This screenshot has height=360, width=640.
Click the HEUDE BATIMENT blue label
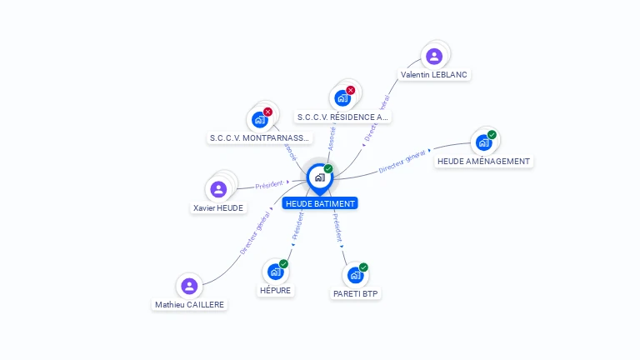(x=320, y=203)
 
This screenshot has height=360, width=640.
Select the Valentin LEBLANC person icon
(x=433, y=57)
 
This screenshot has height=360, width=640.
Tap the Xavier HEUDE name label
(x=219, y=208)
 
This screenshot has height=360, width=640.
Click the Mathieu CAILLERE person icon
(x=190, y=287)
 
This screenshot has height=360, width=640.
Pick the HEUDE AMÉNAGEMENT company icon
(x=483, y=142)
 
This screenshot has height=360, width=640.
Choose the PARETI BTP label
(x=356, y=293)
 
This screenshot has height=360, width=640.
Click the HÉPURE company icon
(x=275, y=272)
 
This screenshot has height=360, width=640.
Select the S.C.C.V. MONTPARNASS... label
(x=259, y=137)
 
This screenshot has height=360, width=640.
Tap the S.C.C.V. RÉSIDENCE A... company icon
(x=342, y=98)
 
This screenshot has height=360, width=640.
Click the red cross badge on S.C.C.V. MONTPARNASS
(x=267, y=112)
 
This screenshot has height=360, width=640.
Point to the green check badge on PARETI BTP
(x=363, y=267)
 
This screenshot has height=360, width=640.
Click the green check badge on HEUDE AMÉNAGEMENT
(x=492, y=135)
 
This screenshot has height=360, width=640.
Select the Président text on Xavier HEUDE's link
(x=269, y=184)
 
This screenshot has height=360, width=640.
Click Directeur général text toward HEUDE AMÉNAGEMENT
(x=402, y=162)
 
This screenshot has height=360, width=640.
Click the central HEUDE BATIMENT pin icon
(x=319, y=177)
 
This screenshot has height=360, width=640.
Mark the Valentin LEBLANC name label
(x=434, y=74)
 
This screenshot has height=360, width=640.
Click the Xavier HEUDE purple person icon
(x=218, y=189)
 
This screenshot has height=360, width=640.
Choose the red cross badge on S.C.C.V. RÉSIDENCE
(x=350, y=90)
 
